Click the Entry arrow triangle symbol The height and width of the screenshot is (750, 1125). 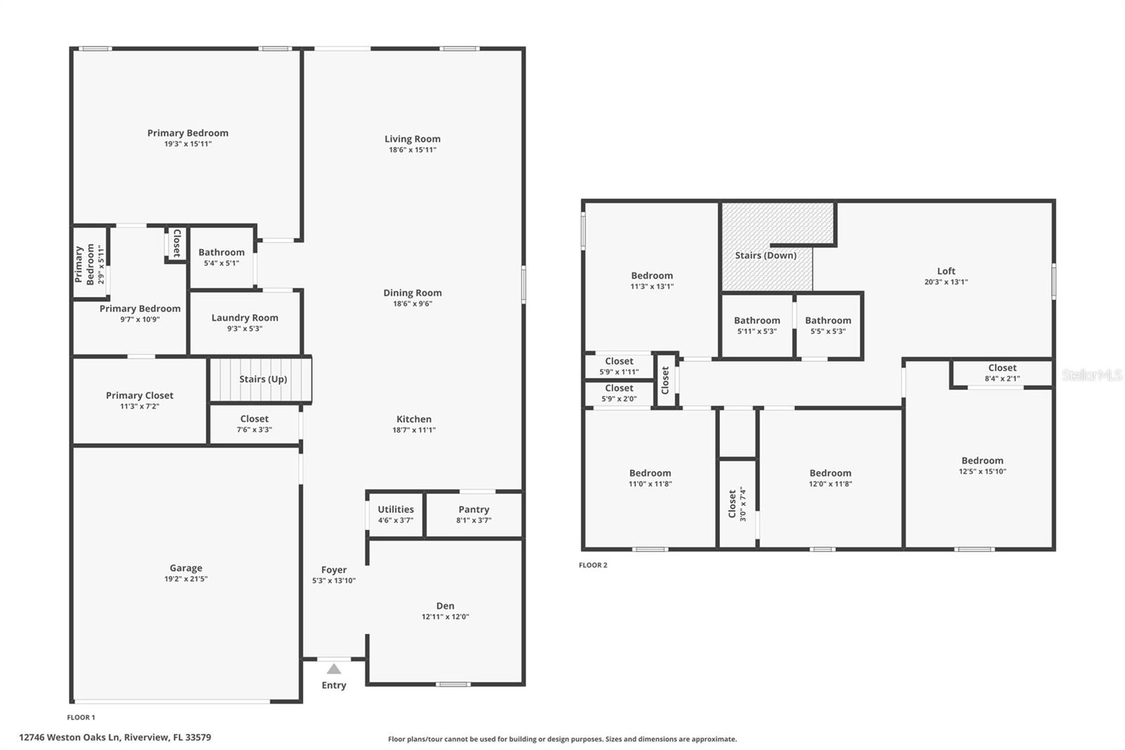(334, 669)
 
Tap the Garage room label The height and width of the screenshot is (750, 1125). (186, 568)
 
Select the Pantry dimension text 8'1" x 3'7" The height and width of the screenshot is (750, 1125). (473, 521)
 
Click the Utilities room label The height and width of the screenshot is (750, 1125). (395, 509)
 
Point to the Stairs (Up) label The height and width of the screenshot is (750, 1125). (263, 379)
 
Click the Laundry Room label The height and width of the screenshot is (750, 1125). (245, 318)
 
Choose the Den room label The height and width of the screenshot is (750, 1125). (445, 606)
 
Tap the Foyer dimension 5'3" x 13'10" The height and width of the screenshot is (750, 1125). (334, 581)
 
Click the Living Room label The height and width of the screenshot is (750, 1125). (412, 139)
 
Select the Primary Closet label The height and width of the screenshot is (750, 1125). (139, 395)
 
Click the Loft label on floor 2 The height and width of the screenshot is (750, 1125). (946, 271)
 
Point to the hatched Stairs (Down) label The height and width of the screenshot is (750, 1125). (766, 255)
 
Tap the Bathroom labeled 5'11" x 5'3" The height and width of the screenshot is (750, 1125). (757, 321)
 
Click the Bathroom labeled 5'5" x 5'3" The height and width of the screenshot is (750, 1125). (828, 321)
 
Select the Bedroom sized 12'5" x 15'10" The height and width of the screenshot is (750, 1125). (982, 461)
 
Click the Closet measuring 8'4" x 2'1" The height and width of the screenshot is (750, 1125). (1002, 368)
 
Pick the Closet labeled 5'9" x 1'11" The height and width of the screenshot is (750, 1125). (619, 362)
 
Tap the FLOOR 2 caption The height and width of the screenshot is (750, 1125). (593, 565)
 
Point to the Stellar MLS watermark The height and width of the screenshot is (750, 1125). (1091, 375)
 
